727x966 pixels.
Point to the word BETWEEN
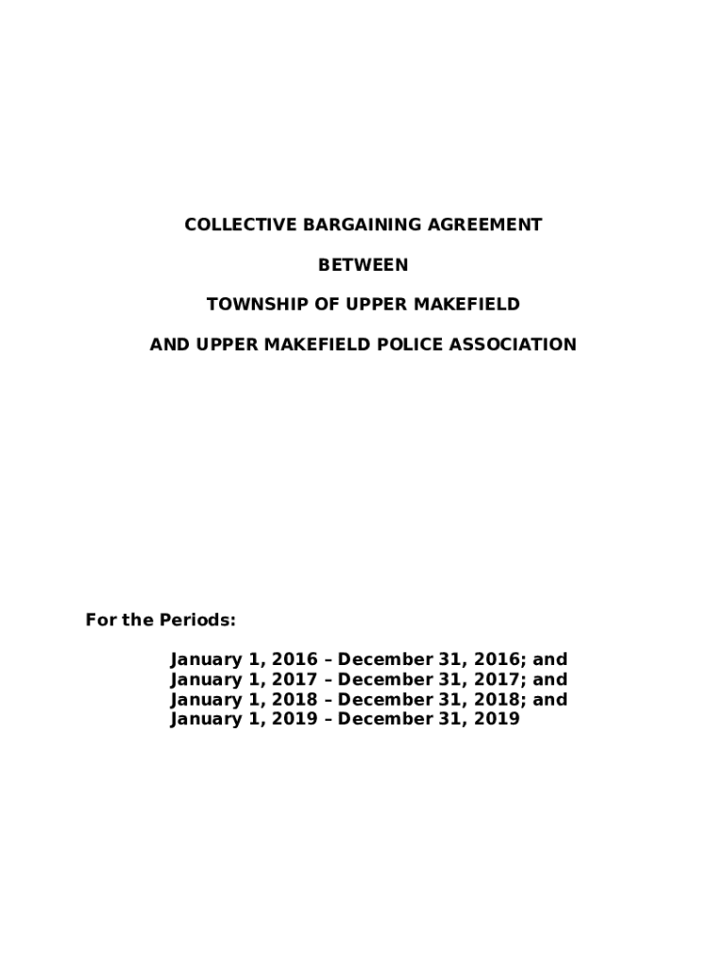[x=363, y=265]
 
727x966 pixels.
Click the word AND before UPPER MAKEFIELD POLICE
[x=170, y=344]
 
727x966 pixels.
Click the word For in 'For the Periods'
[x=100, y=621]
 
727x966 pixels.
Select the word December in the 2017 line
[x=380, y=680]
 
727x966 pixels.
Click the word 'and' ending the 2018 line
[x=550, y=700]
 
